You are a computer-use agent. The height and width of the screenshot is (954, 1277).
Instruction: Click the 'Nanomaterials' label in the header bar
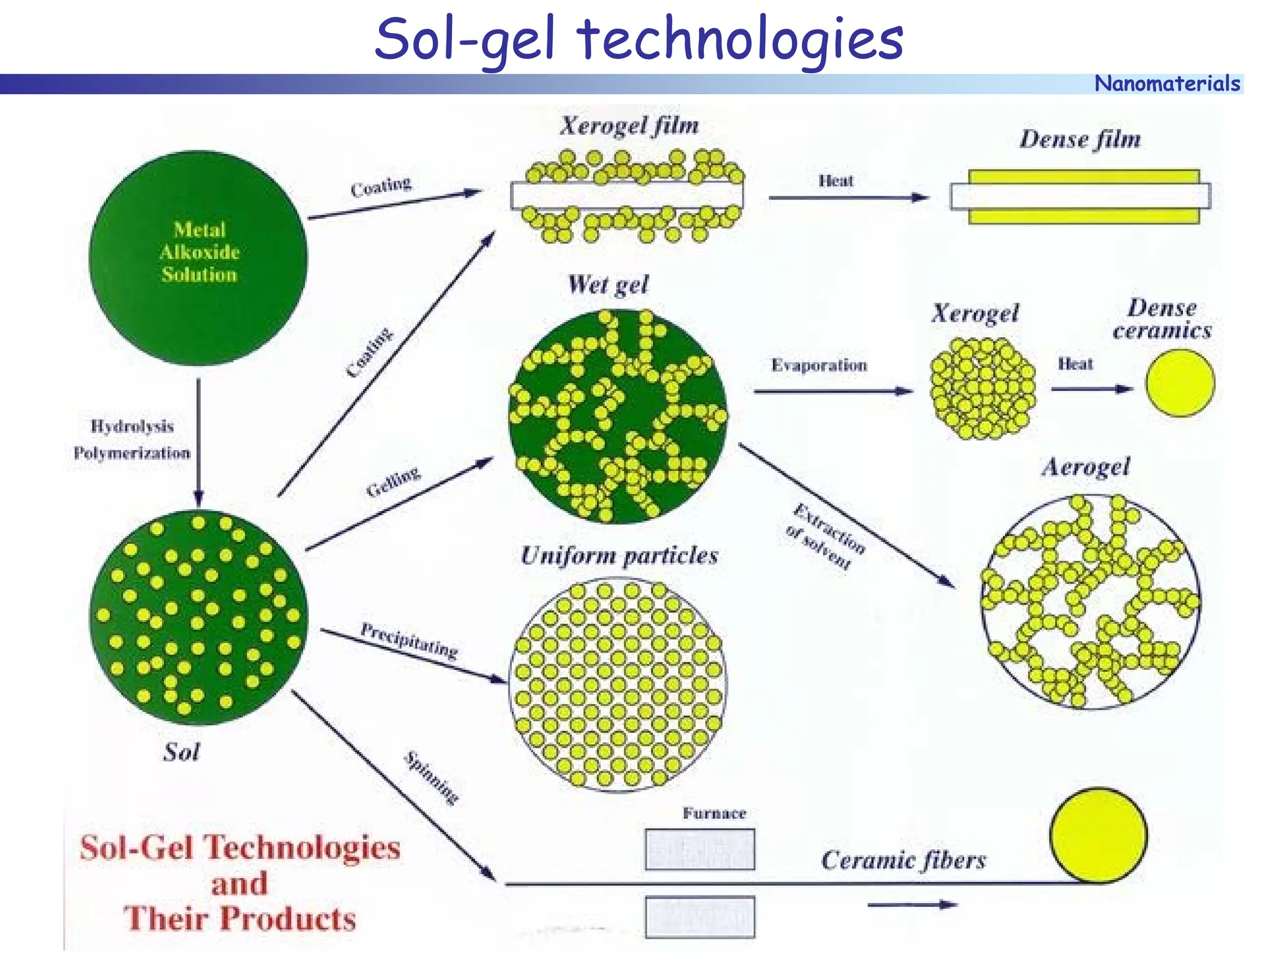click(x=1167, y=83)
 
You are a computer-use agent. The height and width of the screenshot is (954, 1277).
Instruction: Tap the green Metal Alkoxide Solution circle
click(x=198, y=257)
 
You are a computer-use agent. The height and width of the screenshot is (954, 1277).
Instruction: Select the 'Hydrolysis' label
click(x=132, y=426)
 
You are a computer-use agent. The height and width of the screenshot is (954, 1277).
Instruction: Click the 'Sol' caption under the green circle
click(x=181, y=752)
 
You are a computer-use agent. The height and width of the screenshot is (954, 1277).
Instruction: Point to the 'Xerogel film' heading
click(x=629, y=126)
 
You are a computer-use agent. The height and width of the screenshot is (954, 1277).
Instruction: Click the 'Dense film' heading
click(x=1080, y=139)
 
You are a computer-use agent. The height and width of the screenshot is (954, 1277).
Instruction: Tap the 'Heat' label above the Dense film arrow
click(x=836, y=181)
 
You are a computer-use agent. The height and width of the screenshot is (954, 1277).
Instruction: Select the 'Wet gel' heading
click(x=608, y=285)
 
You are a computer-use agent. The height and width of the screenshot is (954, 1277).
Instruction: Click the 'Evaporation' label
click(x=819, y=365)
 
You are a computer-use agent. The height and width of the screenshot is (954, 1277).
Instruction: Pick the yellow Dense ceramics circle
click(x=1180, y=383)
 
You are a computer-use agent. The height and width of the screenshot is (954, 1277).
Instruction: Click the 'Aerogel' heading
click(x=1086, y=467)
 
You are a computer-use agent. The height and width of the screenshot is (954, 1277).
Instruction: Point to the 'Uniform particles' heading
click(x=619, y=555)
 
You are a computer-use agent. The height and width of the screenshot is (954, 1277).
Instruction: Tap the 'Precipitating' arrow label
click(x=409, y=640)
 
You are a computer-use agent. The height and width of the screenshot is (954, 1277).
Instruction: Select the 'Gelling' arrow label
click(x=393, y=482)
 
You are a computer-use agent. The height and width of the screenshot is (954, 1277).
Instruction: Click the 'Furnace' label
click(x=714, y=813)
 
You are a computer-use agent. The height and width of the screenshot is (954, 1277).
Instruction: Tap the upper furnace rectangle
click(x=700, y=849)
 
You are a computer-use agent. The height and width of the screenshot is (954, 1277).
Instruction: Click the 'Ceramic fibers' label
click(x=904, y=861)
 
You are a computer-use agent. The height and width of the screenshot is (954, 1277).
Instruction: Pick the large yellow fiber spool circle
click(x=1098, y=836)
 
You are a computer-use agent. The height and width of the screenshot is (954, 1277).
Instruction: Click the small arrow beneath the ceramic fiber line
click(x=912, y=904)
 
